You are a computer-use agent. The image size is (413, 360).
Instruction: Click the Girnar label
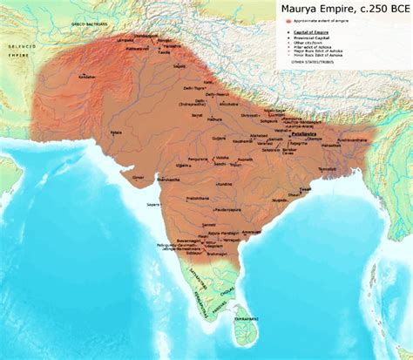(x=137, y=176)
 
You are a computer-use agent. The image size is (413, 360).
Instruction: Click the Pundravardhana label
(x=349, y=139)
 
